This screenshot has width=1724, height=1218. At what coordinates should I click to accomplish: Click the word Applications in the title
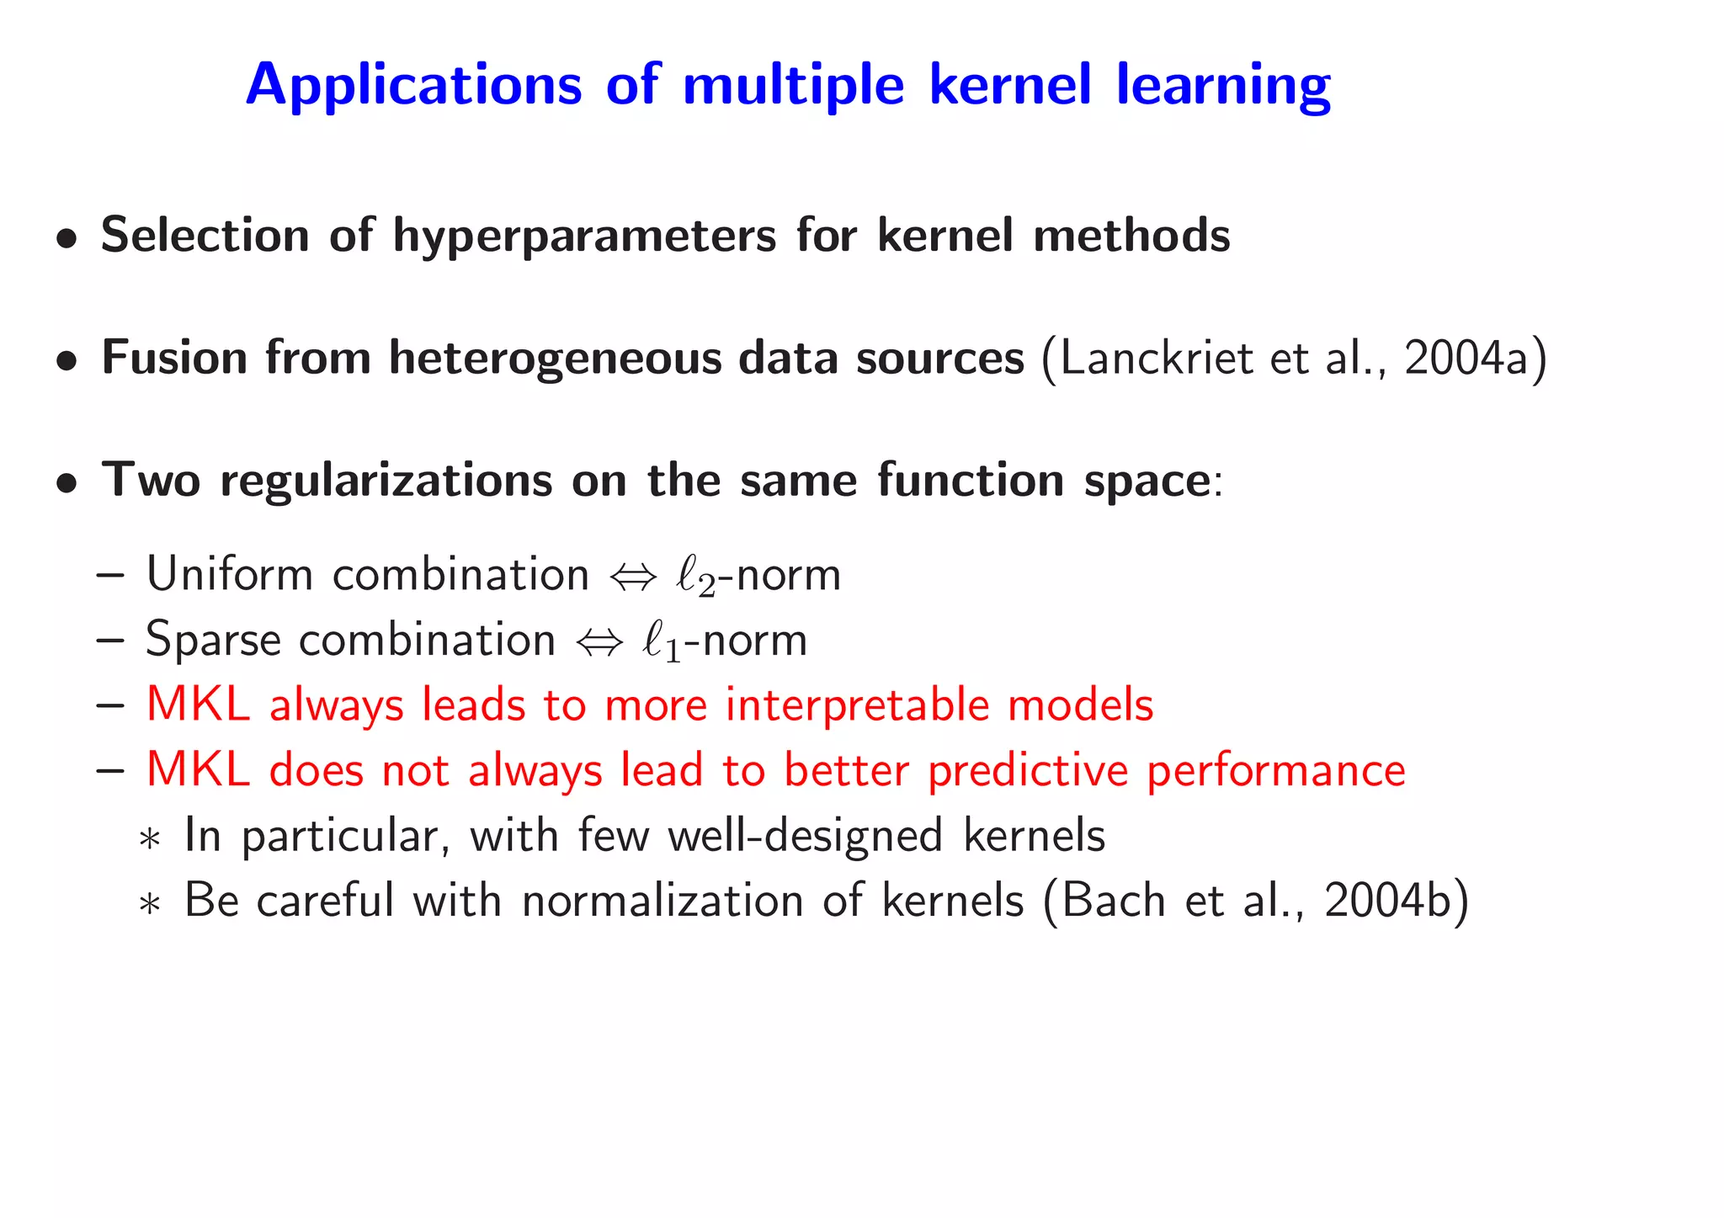[413, 86]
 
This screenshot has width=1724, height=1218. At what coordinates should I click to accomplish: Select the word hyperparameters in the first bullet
[584, 236]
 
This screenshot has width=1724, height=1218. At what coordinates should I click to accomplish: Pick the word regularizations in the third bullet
[386, 481]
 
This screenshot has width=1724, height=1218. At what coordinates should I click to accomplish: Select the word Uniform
[229, 575]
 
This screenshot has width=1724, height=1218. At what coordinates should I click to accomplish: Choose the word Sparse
[213, 641]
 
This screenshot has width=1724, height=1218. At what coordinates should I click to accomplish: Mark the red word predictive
[1028, 771]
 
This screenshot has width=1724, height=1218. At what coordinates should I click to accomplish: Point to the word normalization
[662, 901]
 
